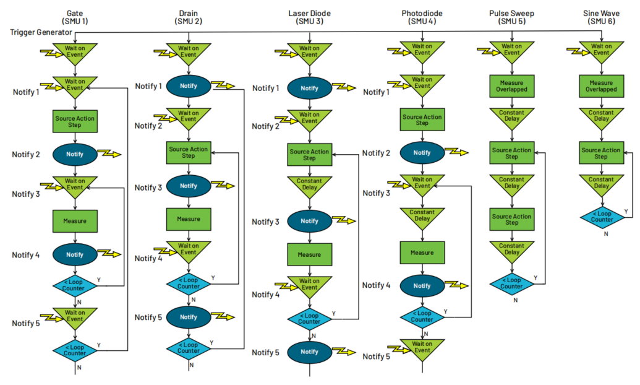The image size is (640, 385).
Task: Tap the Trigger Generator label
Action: coord(40,32)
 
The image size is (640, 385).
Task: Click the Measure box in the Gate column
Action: coord(75,221)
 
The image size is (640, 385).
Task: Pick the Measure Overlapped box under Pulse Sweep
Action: coord(511,86)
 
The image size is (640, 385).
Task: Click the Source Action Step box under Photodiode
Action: coord(422,119)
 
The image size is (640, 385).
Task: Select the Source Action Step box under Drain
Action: coord(189,152)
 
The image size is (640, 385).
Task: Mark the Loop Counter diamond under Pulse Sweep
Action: coord(511,283)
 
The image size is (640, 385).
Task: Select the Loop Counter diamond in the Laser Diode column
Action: coord(309,319)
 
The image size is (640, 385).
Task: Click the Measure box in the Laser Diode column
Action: coord(309,254)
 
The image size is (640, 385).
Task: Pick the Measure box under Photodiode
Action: coord(422,252)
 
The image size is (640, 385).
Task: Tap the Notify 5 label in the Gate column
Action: coord(26,323)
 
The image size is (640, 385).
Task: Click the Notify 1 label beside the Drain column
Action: coord(148,86)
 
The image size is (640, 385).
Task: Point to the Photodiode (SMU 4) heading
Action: coord(422,18)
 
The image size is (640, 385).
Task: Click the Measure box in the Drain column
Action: coord(189,218)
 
